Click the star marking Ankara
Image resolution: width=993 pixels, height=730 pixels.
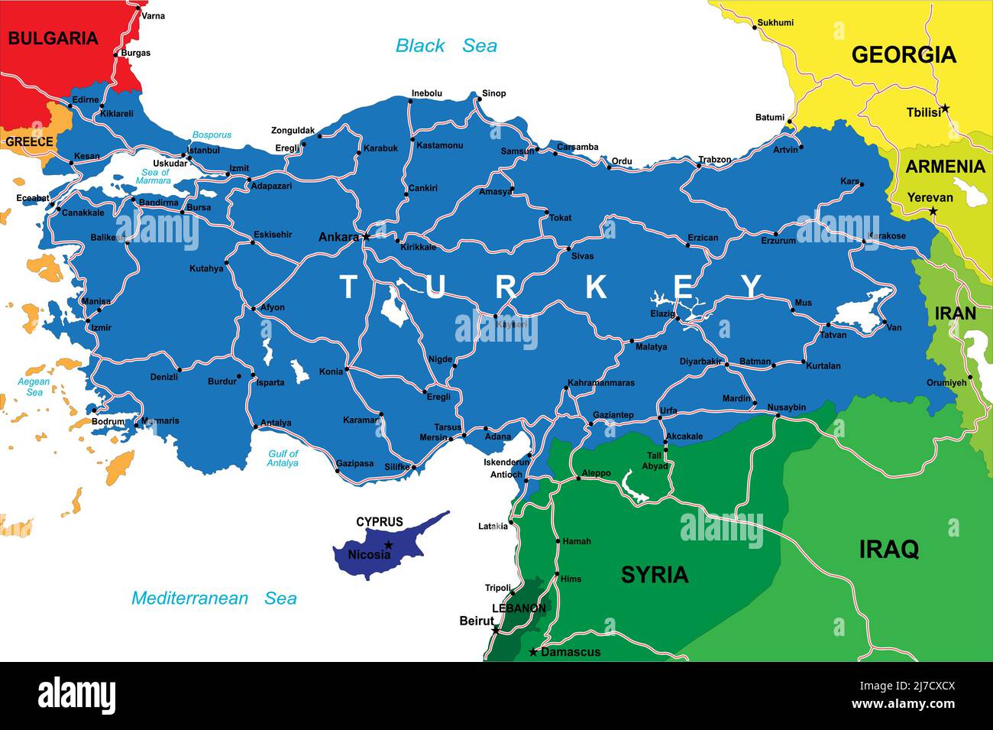[366, 236]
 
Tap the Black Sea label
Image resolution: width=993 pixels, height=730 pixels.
[446, 46]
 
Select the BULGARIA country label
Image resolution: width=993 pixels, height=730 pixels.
[53, 38]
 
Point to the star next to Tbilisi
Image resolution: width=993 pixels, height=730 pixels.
[945, 109]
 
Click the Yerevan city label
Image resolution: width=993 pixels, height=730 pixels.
[930, 197]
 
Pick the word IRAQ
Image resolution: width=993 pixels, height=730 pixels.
[888, 549]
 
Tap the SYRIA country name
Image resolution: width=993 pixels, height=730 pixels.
[655, 575]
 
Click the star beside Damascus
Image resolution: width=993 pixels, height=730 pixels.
[533, 652]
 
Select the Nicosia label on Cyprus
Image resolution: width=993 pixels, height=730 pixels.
[369, 555]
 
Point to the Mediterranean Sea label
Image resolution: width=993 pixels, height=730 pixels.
[214, 599]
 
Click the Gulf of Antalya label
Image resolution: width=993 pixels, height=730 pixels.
[283, 459]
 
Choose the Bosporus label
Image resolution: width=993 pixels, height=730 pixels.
[212, 135]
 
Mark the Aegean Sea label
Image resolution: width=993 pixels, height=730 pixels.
[34, 387]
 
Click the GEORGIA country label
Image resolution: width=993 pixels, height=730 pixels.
[904, 54]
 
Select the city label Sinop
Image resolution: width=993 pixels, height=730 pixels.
[493, 93]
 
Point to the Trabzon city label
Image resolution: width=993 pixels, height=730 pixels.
[714, 160]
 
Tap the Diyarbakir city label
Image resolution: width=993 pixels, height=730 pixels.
[700, 362]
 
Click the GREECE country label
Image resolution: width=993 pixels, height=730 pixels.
[29, 141]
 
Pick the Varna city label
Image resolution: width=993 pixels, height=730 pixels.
[153, 15]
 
